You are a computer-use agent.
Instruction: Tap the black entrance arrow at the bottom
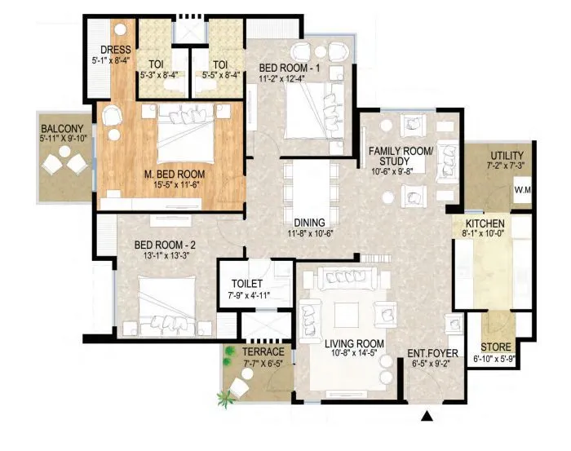coord(425,418)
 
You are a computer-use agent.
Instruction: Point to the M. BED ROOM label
coord(174,175)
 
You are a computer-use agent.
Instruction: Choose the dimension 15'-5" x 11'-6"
coord(174,187)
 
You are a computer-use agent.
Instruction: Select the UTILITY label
coord(507,156)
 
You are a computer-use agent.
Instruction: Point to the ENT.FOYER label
coord(433,354)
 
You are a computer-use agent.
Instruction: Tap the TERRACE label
coord(263,352)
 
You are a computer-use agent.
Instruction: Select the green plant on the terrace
coord(223,400)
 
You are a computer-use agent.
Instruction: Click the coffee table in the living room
coord(343,312)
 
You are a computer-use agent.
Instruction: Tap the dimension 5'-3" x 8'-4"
coord(162,76)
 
